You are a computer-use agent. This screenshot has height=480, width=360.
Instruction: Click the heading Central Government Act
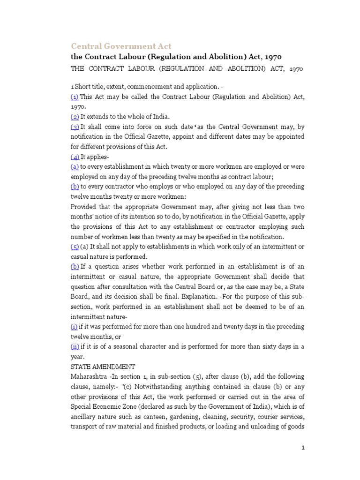(121, 46)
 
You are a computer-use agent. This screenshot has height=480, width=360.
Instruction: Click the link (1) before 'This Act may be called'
(74, 97)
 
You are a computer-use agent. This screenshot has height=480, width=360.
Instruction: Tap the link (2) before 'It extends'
(75, 117)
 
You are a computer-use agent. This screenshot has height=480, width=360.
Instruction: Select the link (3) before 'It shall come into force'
(75, 127)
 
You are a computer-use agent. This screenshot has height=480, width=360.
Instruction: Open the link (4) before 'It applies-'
(75, 157)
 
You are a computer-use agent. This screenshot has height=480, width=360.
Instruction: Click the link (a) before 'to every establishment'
(74, 166)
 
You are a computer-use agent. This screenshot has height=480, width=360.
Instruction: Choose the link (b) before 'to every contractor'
(75, 187)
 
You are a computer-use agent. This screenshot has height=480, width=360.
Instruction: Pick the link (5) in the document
(75, 247)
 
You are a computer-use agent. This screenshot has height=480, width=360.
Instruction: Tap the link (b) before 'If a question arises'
(75, 267)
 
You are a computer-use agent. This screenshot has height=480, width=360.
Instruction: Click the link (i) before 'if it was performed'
(74, 327)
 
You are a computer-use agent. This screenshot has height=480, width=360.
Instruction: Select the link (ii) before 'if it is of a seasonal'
(75, 346)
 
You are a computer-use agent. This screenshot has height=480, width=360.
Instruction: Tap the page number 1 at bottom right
(303, 448)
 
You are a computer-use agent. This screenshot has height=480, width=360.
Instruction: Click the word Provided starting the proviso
(83, 207)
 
